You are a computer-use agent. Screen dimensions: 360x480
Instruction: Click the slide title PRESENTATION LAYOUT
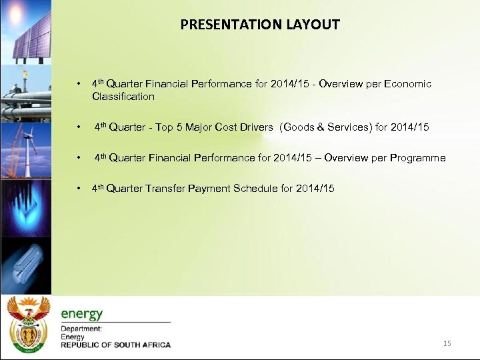260,25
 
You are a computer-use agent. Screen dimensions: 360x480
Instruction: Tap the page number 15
447,343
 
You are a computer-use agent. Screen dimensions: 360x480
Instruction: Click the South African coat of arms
27,323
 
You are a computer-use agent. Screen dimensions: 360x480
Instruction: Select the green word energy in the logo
82,314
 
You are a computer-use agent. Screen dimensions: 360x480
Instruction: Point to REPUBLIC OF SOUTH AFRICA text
115,345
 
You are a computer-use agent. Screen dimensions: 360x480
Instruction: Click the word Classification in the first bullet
123,97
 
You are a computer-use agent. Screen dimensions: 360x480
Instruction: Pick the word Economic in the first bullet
407,84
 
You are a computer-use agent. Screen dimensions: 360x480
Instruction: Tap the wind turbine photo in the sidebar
25,150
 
